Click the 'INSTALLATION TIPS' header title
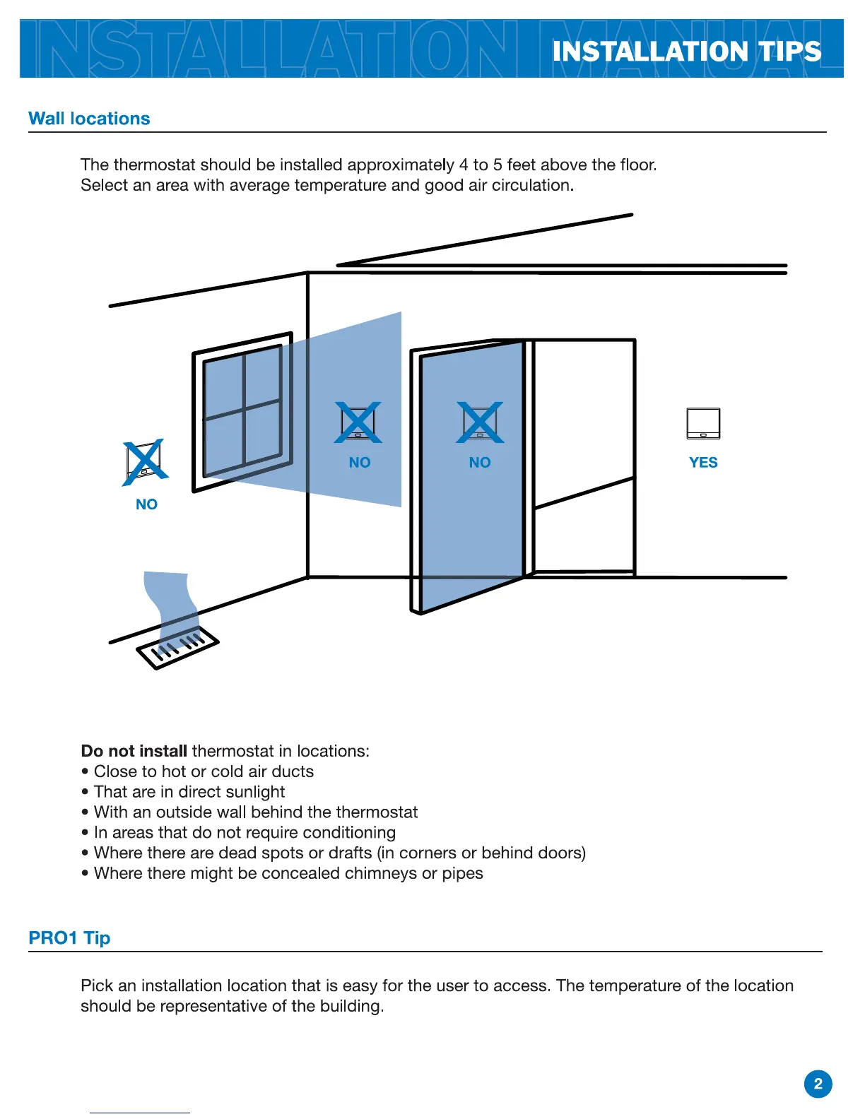[x=686, y=52]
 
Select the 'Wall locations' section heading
[x=89, y=119]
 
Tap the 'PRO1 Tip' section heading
[x=69, y=938]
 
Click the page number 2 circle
[x=818, y=1084]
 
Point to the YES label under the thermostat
[x=703, y=463]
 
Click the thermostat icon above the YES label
[x=703, y=423]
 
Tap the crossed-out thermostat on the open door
[x=480, y=422]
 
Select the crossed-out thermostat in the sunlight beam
[x=358, y=422]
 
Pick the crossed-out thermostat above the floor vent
[x=145, y=462]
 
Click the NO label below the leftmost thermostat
[x=146, y=504]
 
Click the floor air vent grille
[x=177, y=646]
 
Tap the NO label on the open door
[x=480, y=463]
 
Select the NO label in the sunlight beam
[x=360, y=463]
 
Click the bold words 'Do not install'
[x=134, y=751]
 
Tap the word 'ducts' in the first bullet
[x=293, y=771]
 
